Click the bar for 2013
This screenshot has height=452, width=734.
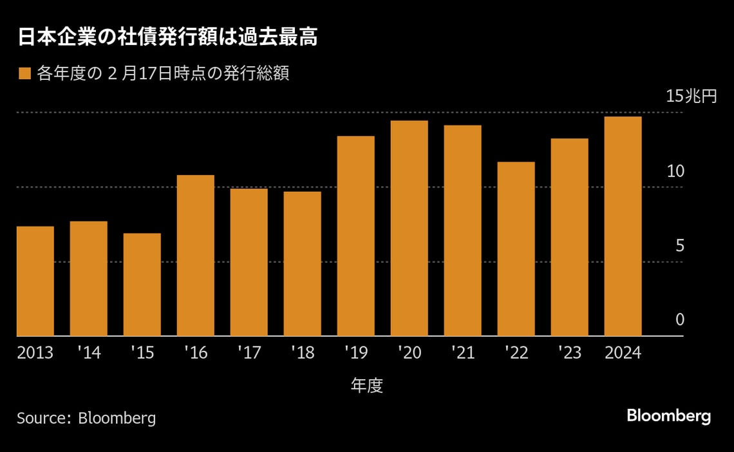(35, 281)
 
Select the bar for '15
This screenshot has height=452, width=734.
(142, 285)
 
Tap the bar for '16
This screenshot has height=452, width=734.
(196, 256)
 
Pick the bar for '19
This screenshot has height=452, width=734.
(356, 236)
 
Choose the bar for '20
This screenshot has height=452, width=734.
(409, 229)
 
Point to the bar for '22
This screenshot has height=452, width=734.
(516, 249)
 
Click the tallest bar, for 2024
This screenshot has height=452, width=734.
(623, 227)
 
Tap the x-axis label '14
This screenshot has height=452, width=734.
(88, 353)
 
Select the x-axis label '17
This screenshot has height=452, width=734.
(249, 353)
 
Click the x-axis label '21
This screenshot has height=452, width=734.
(462, 353)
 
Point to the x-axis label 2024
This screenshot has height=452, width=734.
(623, 353)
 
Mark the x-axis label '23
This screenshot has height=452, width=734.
(569, 353)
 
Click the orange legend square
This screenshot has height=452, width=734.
(24, 74)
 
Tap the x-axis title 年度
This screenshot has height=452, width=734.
(367, 386)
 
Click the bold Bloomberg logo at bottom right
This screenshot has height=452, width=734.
(669, 416)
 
